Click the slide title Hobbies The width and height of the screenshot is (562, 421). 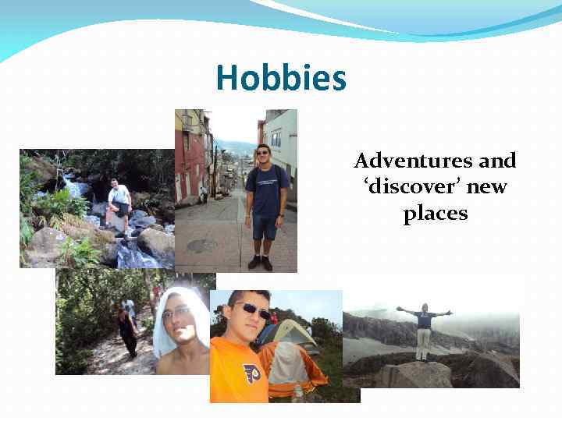280,78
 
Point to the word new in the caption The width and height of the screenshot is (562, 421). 488,187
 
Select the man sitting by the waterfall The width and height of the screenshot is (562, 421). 119,202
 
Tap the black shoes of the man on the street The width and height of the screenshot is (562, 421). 260,263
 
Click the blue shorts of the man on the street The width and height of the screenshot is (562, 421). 265,227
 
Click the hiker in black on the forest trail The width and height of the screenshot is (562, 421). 126,328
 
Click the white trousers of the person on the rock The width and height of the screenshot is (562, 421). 423,342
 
